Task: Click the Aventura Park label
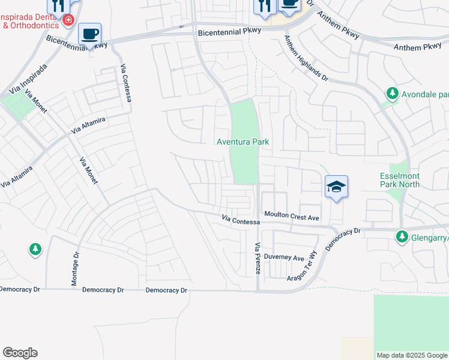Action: point(243,142)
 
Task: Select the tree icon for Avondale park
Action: point(392,94)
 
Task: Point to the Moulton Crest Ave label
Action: point(291,215)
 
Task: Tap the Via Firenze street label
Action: point(258,259)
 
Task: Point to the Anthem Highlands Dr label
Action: point(307,58)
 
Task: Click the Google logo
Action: point(20,353)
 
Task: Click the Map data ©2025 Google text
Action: point(412,355)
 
